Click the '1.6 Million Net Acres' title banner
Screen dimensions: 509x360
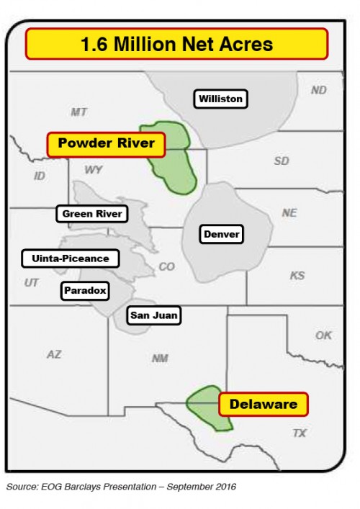[x=176, y=44]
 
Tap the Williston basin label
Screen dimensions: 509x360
[x=221, y=99]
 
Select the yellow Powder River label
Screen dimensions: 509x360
[x=107, y=143]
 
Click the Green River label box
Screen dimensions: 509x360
[x=92, y=214]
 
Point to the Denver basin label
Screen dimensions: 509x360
[x=221, y=234]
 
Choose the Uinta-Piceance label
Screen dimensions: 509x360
[x=71, y=258]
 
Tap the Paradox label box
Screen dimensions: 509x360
[x=85, y=290]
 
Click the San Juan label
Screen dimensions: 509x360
[x=153, y=315]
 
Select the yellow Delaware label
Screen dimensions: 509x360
[x=263, y=404]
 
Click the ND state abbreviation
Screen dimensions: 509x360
[x=318, y=90]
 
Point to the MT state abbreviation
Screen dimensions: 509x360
[x=78, y=112]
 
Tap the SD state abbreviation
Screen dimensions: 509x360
[x=281, y=161]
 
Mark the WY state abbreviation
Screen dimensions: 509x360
[x=93, y=171]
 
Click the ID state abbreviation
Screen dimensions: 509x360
[x=40, y=176]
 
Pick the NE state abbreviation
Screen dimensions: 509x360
[x=289, y=213]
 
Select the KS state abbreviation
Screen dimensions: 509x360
[x=297, y=276]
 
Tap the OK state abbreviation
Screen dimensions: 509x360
[x=323, y=335]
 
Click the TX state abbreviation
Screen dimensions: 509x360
[x=299, y=433]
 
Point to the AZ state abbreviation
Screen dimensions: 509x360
[x=54, y=353]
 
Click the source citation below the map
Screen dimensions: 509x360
[x=121, y=487]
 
